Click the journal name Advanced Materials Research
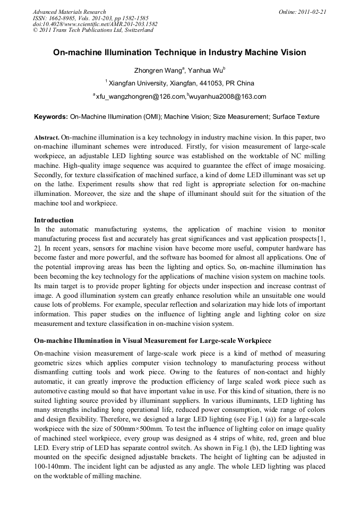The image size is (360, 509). (69, 12)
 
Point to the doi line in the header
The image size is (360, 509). (95, 24)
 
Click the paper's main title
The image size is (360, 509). (179, 53)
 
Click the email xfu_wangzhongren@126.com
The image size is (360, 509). (140, 97)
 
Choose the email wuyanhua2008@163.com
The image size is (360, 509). (228, 97)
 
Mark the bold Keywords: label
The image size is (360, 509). (51, 116)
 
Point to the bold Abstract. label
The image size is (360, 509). (47, 137)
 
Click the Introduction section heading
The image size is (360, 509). (54, 220)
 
